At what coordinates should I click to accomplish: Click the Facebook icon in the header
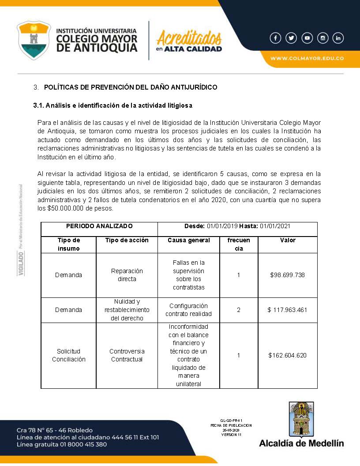click(275, 38)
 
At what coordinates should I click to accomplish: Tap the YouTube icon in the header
click(307, 38)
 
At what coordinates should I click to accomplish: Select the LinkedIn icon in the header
click(338, 38)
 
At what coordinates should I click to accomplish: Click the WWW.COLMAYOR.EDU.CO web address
click(307, 58)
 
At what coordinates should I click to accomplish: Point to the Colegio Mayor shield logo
click(34, 40)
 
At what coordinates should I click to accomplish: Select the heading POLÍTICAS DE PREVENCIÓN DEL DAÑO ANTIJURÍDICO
click(131, 87)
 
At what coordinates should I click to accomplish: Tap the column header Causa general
click(188, 241)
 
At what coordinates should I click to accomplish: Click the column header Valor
click(288, 241)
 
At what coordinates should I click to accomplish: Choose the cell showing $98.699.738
click(288, 275)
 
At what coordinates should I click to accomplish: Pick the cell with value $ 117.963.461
click(288, 310)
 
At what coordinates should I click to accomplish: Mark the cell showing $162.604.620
click(288, 355)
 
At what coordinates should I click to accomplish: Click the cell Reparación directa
click(127, 275)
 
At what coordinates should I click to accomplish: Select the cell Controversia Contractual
click(127, 355)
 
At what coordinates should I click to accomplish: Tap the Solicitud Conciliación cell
click(68, 355)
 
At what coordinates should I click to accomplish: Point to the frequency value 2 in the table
click(239, 310)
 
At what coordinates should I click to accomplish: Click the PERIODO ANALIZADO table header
click(99, 226)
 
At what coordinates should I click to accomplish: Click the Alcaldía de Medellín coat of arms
click(301, 419)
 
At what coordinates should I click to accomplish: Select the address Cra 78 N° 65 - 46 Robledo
click(55, 430)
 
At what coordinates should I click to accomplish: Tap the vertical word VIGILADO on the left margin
click(21, 263)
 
